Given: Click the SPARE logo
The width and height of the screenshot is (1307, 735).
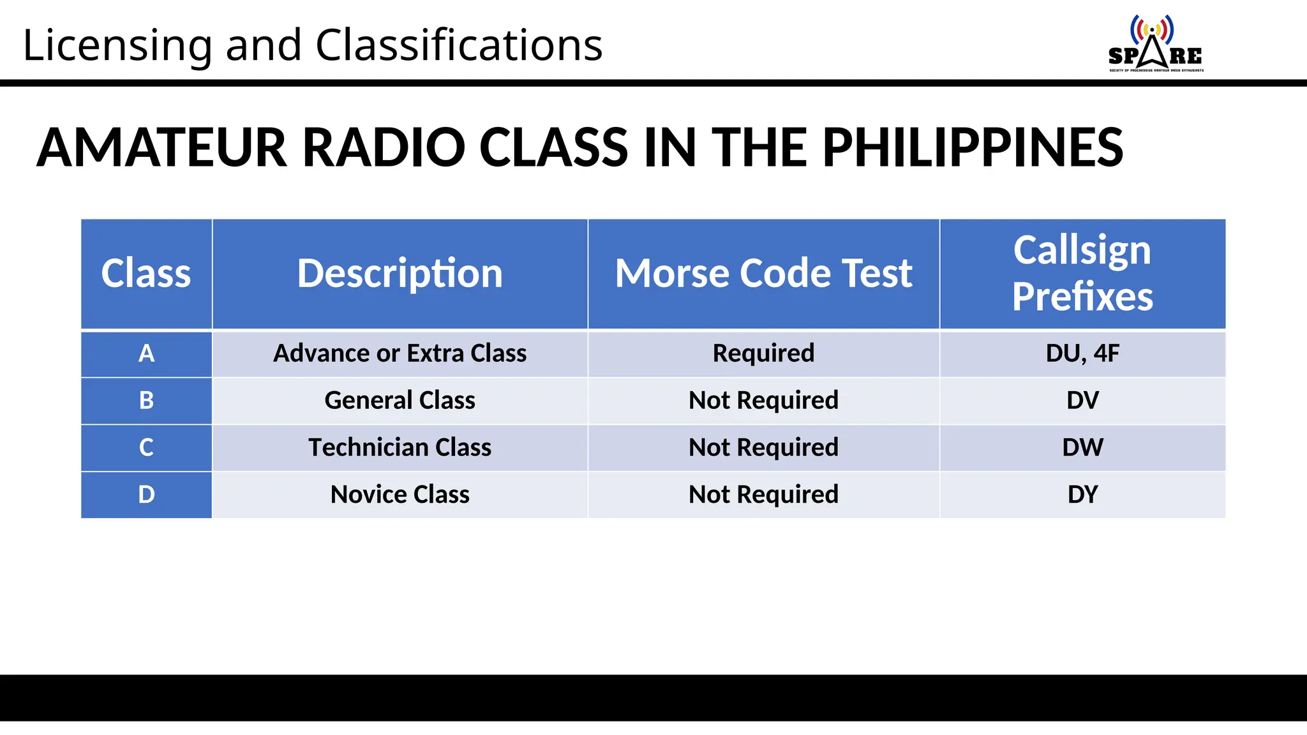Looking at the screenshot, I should click(1155, 43).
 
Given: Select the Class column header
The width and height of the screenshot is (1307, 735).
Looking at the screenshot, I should click(146, 274).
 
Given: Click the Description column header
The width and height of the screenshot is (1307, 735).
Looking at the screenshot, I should click(400, 274).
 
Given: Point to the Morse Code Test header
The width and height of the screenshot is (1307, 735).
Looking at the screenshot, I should click(763, 274).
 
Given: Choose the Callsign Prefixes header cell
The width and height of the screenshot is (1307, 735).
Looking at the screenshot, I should click(1082, 274).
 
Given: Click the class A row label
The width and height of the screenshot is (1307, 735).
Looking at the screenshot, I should click(146, 353).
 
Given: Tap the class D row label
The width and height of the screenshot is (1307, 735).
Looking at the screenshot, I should click(146, 494).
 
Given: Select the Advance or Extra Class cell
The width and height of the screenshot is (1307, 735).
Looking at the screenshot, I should click(400, 353).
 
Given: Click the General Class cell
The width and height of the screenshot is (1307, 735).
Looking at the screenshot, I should click(400, 401).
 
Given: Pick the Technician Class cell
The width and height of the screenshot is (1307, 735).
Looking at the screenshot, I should click(400, 447).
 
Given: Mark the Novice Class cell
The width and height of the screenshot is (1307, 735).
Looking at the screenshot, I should click(400, 494).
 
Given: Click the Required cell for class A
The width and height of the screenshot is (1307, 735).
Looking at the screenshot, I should click(763, 353).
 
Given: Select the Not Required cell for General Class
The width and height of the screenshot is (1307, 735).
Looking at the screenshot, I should click(763, 401).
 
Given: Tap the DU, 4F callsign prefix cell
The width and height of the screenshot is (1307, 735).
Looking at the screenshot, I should click(1082, 353).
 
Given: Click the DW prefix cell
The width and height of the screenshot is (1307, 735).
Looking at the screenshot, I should click(1082, 447).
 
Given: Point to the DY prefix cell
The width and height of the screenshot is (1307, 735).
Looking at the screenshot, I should click(1082, 494).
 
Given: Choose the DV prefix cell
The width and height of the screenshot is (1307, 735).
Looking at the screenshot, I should click(1082, 401).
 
